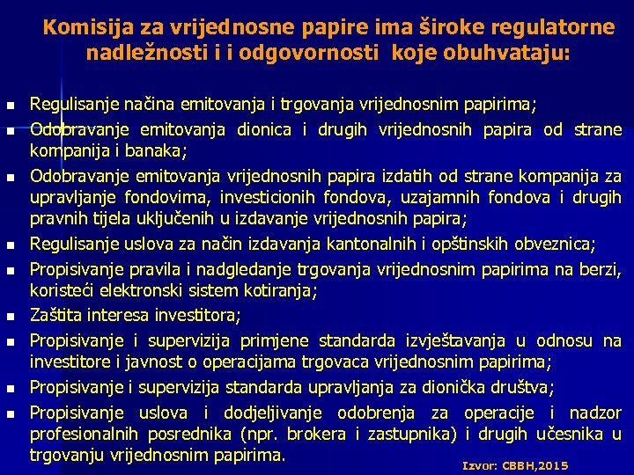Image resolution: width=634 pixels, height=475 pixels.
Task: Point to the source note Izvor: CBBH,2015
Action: point(515,465)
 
